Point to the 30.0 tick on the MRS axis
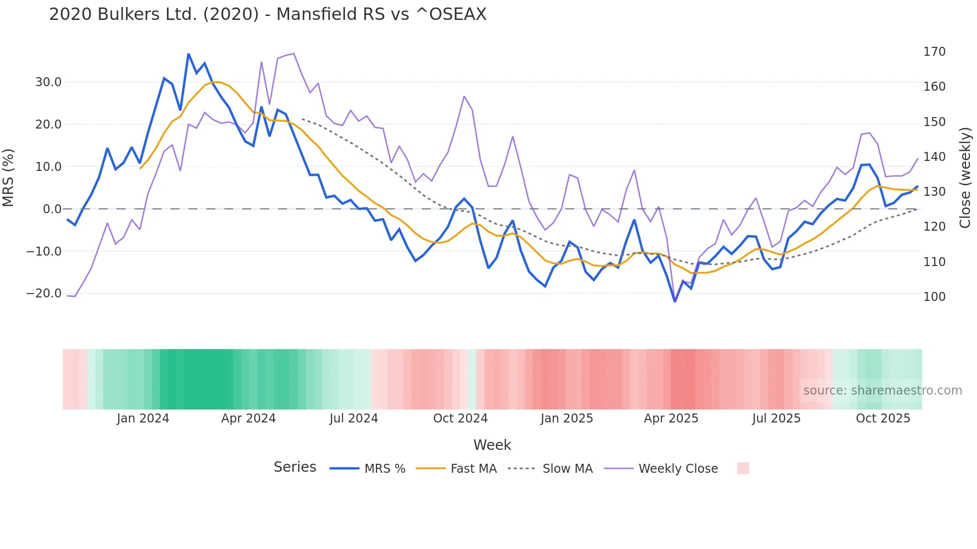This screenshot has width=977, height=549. (48, 82)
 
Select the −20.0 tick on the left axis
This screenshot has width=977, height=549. (44, 293)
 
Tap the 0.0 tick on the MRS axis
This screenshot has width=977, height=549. (52, 209)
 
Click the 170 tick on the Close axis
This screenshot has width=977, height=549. (934, 52)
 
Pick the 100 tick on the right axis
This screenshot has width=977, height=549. (934, 297)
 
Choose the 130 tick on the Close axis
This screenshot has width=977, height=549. (934, 192)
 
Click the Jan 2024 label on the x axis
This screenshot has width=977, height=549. (143, 418)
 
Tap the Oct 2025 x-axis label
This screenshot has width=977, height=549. (883, 418)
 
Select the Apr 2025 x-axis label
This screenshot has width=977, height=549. (671, 418)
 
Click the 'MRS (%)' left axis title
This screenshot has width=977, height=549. (8, 177)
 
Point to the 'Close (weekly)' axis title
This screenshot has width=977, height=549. (965, 177)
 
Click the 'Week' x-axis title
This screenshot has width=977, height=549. (492, 445)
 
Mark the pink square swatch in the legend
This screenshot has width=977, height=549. (743, 468)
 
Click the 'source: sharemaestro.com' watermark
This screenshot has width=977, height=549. (882, 391)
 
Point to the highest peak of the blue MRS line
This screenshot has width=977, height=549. (188, 54)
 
